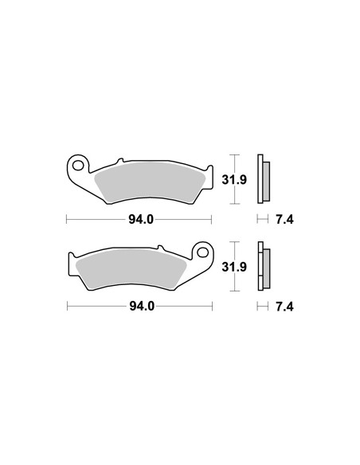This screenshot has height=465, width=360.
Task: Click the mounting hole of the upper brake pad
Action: [x=78, y=166]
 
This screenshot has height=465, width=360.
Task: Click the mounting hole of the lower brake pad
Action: [x=203, y=252]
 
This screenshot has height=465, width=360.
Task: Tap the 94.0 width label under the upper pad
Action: [x=141, y=220]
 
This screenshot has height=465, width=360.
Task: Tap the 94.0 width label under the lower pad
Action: [x=142, y=307]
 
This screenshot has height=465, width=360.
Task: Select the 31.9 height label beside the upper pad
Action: [x=234, y=180]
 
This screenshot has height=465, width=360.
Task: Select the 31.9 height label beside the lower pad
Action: [x=234, y=267]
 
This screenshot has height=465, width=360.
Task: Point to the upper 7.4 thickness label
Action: [x=284, y=220]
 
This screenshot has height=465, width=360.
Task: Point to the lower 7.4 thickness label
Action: [x=284, y=307]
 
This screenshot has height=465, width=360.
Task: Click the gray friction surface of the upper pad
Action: [x=150, y=182]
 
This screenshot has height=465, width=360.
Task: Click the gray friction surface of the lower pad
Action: [x=131, y=268]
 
